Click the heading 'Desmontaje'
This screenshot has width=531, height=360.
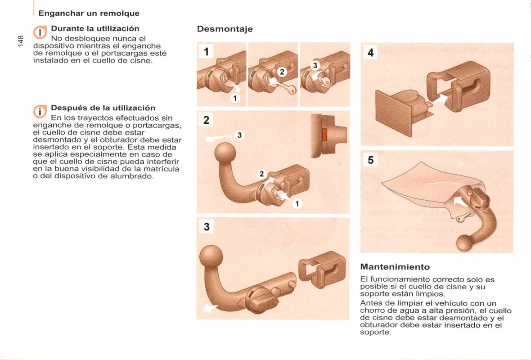point(225,29)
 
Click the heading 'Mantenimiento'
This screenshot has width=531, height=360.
point(395,267)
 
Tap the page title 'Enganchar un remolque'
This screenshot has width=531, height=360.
point(89,13)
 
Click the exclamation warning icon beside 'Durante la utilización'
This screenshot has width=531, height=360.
point(40,33)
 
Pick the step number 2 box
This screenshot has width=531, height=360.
point(206,120)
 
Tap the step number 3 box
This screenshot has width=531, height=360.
point(206,227)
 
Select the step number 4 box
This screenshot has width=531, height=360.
point(370,53)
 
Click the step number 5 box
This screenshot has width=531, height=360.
point(370,160)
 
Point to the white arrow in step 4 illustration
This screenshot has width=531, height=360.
point(441,98)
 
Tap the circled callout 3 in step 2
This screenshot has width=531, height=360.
point(239,135)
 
